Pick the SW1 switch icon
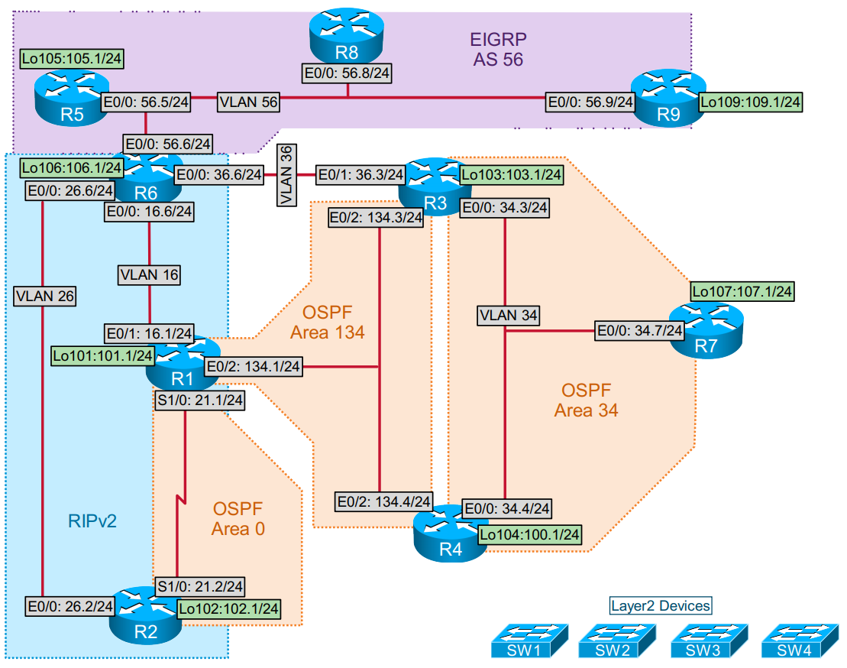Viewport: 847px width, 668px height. (529, 640)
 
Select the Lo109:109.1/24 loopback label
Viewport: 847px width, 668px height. (751, 101)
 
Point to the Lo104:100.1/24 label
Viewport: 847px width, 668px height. (530, 533)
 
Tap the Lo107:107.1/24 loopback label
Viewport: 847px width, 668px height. (742, 291)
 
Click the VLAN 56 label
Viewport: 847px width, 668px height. (248, 101)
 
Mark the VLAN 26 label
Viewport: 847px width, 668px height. (44, 296)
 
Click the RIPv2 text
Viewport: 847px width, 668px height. (91, 521)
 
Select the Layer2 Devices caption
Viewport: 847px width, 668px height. (661, 606)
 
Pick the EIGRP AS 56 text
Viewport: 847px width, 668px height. (497, 49)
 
